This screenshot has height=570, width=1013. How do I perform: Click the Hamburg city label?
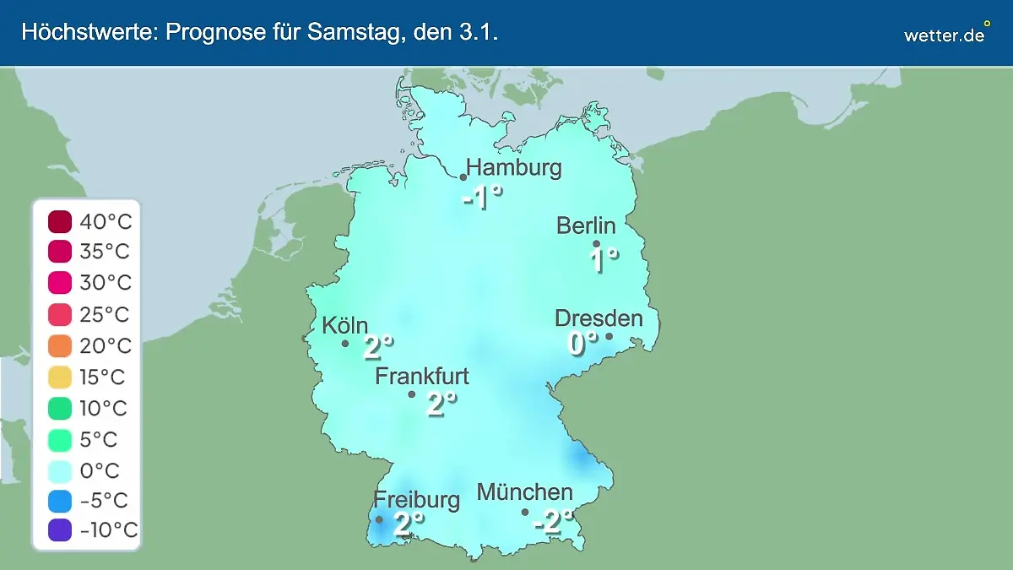coord(514,167)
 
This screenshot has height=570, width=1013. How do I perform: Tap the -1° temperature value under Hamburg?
coord(483,199)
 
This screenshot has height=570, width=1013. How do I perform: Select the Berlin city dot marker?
coord(597,244)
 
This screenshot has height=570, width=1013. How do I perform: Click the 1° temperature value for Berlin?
coord(604,259)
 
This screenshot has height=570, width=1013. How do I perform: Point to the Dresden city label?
coord(599,318)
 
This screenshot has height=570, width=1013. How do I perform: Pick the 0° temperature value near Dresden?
coord(582,342)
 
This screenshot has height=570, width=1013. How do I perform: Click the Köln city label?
coord(344,326)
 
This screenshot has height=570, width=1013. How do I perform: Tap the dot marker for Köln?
coord(345,344)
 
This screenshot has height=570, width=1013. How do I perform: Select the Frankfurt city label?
coord(422,376)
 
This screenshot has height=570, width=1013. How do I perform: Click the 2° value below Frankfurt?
coord(441,404)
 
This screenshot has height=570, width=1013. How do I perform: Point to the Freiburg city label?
coord(417,499)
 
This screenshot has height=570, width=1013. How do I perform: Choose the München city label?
coord(524,491)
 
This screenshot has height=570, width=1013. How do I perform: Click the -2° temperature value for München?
coord(554,522)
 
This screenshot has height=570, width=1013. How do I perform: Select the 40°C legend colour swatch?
coord(60,222)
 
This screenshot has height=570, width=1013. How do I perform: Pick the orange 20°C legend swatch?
coord(60,346)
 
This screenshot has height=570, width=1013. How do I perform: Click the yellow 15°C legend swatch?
coord(60,377)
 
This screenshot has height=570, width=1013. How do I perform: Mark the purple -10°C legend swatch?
coord(60,530)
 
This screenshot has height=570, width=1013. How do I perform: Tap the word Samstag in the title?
coord(329,33)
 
